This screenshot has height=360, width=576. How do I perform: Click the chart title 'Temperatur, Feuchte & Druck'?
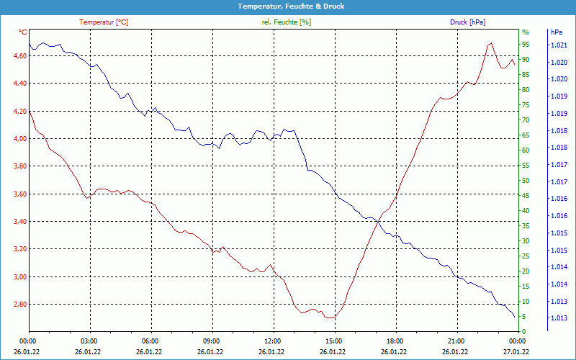click(x=288, y=6)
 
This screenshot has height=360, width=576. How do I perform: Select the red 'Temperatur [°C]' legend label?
click(x=104, y=22)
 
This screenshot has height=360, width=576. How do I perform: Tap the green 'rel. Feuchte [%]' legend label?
click(x=287, y=22)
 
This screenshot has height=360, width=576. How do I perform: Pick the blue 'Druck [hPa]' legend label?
click(x=467, y=22)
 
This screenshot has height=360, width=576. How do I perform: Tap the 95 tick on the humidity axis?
click(x=525, y=32)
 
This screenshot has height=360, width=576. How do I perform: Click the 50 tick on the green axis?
click(x=525, y=181)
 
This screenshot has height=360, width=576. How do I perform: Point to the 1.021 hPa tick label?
click(x=559, y=45)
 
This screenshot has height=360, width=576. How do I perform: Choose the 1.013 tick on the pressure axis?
click(x=559, y=318)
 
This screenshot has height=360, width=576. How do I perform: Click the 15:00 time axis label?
click(x=334, y=341)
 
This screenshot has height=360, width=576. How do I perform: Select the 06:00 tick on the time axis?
click(x=150, y=341)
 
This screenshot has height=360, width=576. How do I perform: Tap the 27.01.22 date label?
click(x=517, y=351)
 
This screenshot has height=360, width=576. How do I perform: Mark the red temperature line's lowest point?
click(x=330, y=318)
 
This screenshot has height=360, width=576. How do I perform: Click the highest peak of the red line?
click(x=491, y=42)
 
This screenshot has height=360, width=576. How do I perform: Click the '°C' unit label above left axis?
click(x=23, y=32)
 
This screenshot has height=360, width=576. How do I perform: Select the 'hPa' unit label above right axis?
click(x=556, y=32)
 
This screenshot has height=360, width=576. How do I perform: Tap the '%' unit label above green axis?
click(x=525, y=32)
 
